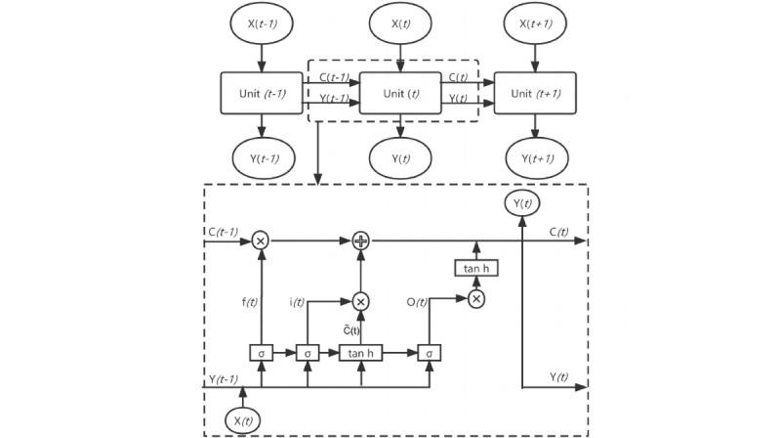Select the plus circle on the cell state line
point(360,240)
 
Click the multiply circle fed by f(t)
point(261,240)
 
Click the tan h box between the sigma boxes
point(361,352)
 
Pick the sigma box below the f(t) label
point(261,352)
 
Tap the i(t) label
point(298,302)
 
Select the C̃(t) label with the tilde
point(349,329)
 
